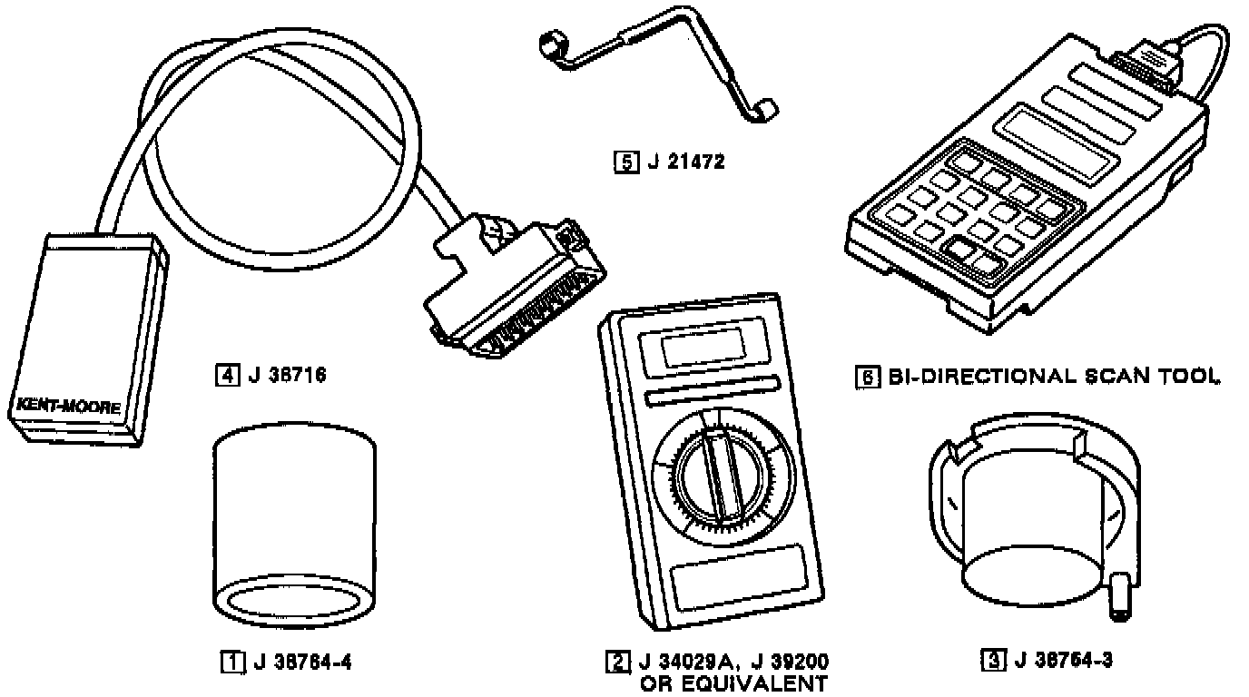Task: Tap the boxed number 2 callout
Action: coord(616,662)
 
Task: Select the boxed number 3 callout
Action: coord(992,660)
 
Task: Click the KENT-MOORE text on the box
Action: coord(67,405)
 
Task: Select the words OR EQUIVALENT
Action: coord(733,682)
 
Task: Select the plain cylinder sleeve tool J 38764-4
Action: coord(294,526)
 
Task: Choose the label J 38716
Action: coord(286,373)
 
